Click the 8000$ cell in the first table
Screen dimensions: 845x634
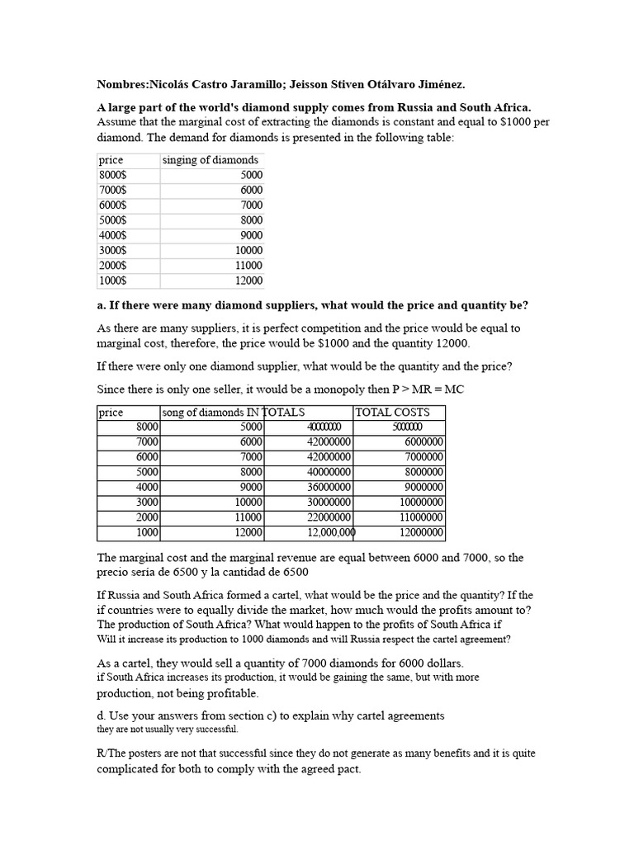(112, 175)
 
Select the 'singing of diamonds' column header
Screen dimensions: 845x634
(211, 160)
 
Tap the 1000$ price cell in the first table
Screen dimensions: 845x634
(112, 281)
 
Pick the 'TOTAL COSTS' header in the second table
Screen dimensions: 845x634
(392, 413)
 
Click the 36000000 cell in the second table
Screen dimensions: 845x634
(329, 487)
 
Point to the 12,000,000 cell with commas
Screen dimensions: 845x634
(331, 532)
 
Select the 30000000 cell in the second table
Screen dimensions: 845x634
(329, 502)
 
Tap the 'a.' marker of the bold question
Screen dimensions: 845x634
(102, 305)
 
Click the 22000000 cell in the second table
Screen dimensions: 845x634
(329, 517)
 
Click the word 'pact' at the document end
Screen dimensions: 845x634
(347, 769)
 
